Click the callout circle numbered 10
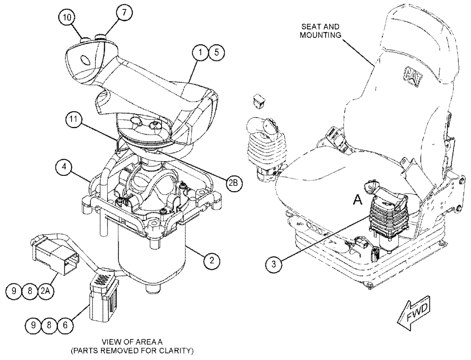[67, 17]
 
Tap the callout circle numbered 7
[117, 14]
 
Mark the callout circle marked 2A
[47, 291]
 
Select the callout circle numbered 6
[65, 324]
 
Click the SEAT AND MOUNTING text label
[320, 30]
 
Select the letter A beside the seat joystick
[357, 200]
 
